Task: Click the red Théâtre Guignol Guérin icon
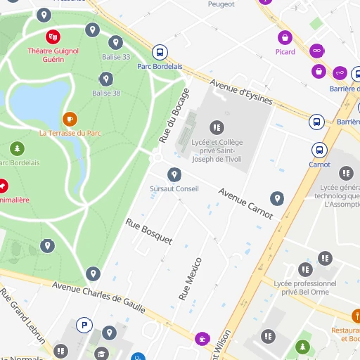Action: click(53, 37)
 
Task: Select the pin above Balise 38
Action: click(106, 79)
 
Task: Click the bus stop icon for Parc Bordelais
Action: click(160, 52)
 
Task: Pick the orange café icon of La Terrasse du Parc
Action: click(70, 119)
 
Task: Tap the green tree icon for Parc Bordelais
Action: click(17, 148)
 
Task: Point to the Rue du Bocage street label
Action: click(174, 115)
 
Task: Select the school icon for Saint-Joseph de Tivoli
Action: click(217, 127)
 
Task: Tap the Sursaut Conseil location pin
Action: click(174, 174)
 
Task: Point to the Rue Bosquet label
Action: click(148, 231)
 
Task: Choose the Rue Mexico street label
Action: click(191, 279)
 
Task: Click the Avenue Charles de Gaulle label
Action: click(98, 297)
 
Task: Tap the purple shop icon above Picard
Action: click(285, 37)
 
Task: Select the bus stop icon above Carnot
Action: click(319, 150)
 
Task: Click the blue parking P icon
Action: click(84, 325)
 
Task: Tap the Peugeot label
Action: click(221, 4)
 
